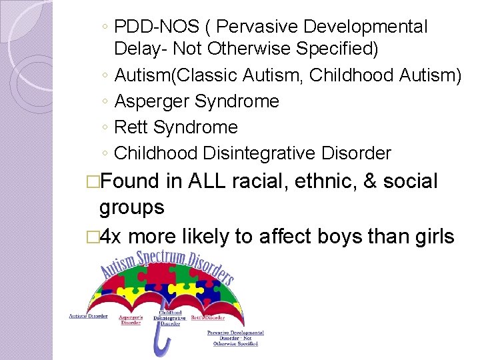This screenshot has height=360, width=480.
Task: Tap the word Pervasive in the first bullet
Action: (254, 27)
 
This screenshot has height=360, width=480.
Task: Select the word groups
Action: (131, 207)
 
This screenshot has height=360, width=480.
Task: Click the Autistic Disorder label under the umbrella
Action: (87, 316)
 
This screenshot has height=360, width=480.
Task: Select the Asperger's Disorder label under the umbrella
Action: (131, 319)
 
